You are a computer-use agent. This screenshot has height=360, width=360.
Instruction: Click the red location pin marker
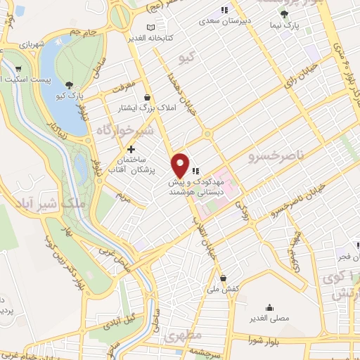(x=181, y=165)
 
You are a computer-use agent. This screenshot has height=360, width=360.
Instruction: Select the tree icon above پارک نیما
(x=284, y=14)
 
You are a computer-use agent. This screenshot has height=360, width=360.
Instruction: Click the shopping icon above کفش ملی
(x=223, y=277)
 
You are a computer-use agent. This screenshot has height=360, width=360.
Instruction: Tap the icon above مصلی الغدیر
(x=269, y=307)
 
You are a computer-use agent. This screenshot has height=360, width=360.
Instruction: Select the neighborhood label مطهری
(x=184, y=337)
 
